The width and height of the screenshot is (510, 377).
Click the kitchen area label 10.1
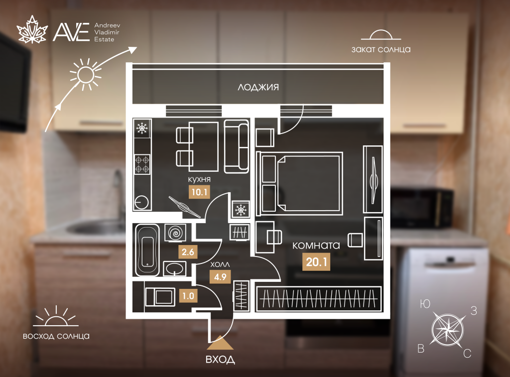[x=199, y=192]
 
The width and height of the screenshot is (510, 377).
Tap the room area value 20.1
[x=316, y=261]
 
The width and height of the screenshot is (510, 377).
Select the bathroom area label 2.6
[x=188, y=252]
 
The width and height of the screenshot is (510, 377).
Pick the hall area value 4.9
[x=220, y=277]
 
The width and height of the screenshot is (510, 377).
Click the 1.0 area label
[x=188, y=296]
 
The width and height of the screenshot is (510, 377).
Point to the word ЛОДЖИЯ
[x=258, y=87]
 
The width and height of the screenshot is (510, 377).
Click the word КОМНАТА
[x=316, y=245]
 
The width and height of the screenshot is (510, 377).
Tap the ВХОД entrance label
[x=220, y=360]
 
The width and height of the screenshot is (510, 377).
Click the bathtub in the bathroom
[x=147, y=250]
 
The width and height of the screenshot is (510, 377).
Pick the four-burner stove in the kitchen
[x=142, y=164]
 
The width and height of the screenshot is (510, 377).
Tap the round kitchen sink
[x=141, y=203]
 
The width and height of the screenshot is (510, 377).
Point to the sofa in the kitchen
[x=237, y=146]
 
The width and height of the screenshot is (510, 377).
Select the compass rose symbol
[x=448, y=329]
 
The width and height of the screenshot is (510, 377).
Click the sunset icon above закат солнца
[x=381, y=35]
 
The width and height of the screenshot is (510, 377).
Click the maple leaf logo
[x=32, y=29]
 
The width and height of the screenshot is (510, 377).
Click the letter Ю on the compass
[x=425, y=304]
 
